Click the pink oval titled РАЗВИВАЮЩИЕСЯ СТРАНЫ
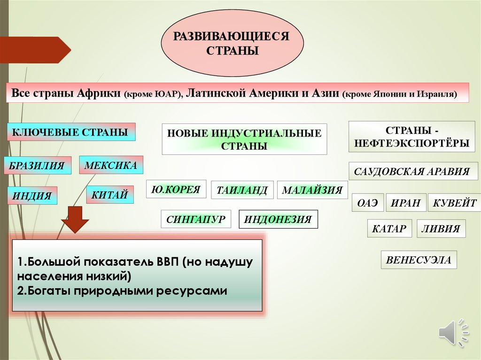(x=232, y=43)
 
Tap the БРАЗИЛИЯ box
(x=38, y=166)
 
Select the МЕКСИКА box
(x=111, y=165)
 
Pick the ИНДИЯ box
(x=32, y=195)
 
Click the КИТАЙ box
(x=110, y=195)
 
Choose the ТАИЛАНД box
(x=242, y=190)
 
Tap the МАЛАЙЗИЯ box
(x=312, y=190)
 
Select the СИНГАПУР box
(x=196, y=219)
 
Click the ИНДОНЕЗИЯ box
(x=278, y=219)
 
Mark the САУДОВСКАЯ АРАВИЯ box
(x=413, y=171)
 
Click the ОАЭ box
(x=368, y=203)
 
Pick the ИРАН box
(x=406, y=203)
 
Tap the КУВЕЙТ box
(x=454, y=203)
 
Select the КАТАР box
(x=389, y=229)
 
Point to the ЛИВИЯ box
(x=441, y=229)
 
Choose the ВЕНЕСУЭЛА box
(x=419, y=260)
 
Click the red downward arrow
(x=75, y=219)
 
